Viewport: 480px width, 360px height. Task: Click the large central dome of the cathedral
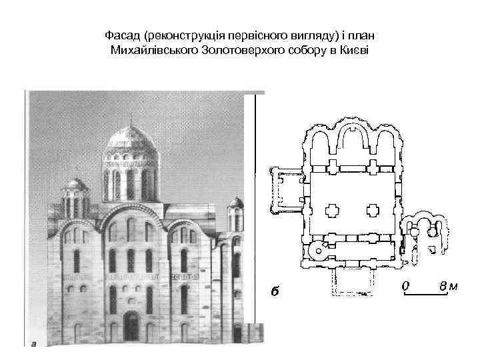(130, 139)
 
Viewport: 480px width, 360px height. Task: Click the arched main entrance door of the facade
(131, 326)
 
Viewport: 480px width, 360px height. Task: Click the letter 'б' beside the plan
(274, 291)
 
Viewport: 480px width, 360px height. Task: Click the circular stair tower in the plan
(320, 253)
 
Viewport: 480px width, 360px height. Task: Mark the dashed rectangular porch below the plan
(349, 283)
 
